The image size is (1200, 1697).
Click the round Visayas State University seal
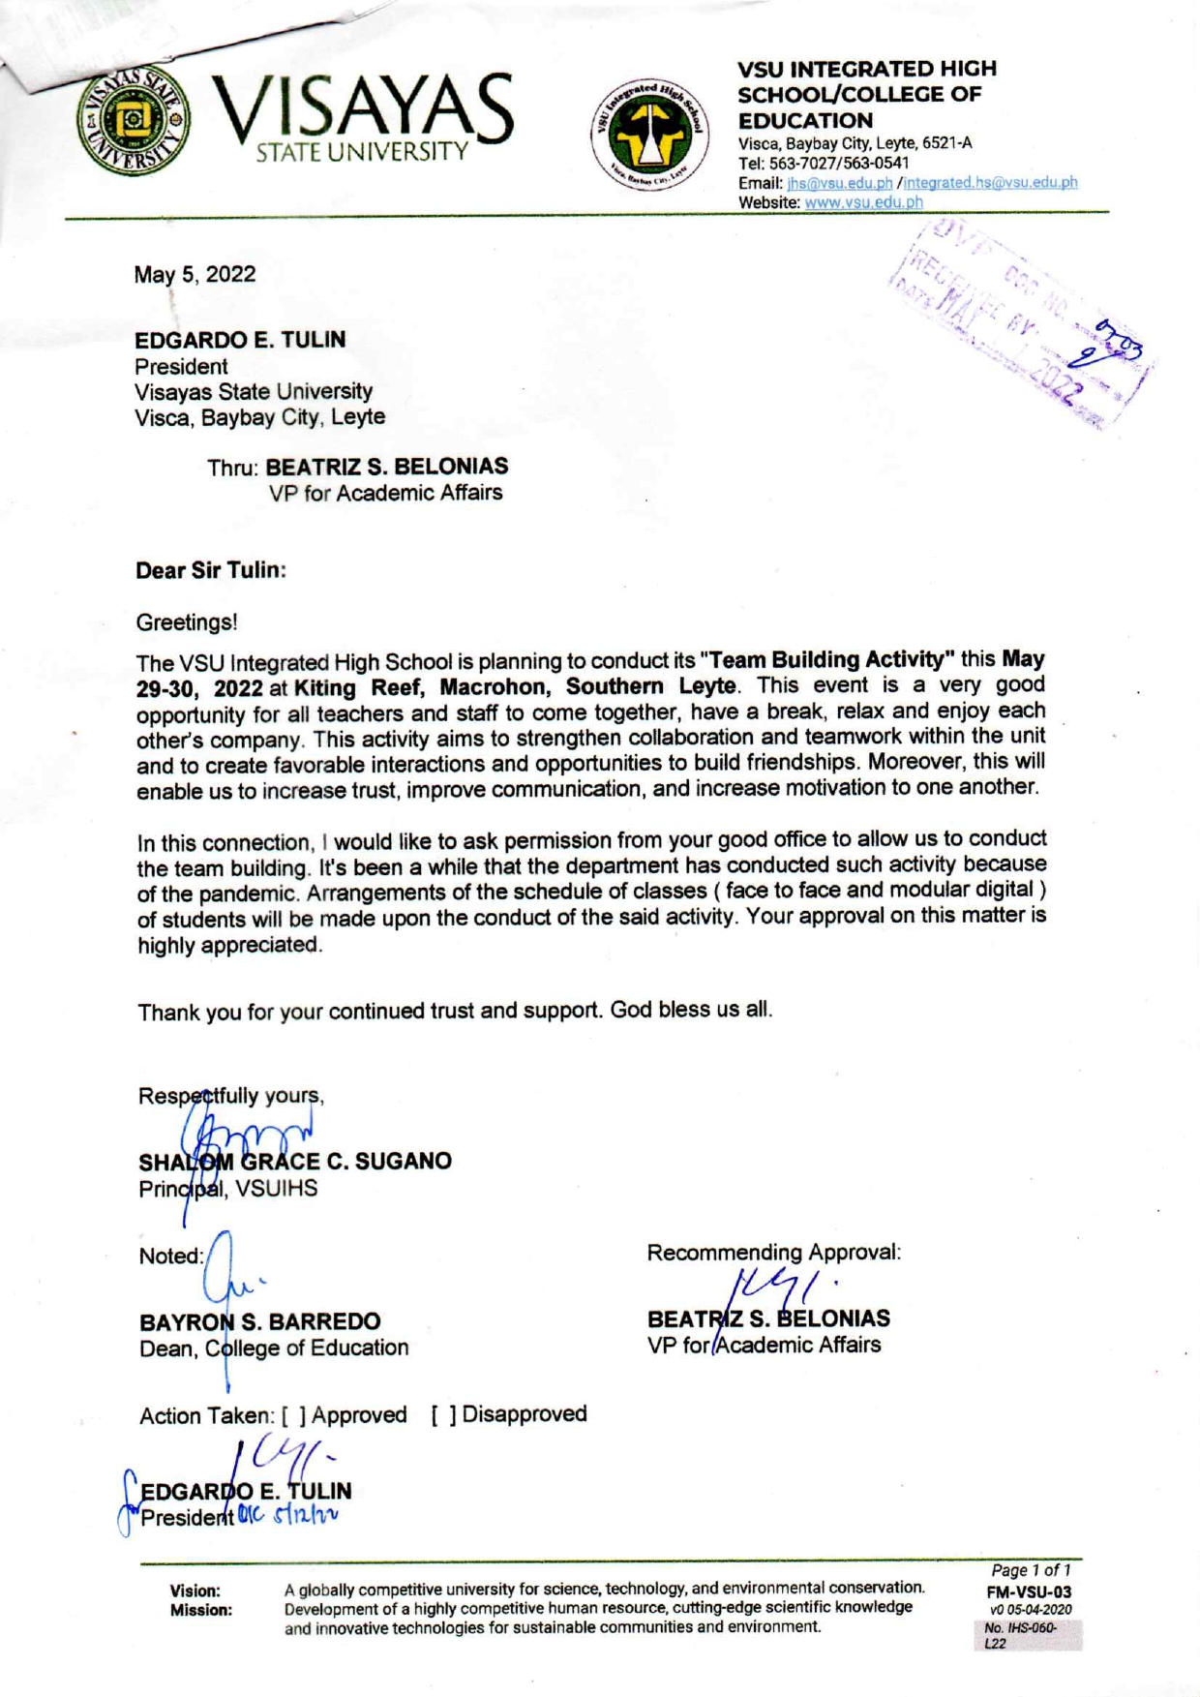134,119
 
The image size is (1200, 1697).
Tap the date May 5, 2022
195,275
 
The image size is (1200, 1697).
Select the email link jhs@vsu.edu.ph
839,183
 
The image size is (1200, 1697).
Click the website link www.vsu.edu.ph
863,202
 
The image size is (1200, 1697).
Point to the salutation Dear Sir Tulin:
211,570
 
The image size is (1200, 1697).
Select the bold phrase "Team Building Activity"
827,660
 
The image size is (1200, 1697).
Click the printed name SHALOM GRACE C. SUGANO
295,1162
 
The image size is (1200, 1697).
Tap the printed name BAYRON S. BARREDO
259,1322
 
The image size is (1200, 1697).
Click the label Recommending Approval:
773,1253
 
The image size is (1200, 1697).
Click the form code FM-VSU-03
1029,1591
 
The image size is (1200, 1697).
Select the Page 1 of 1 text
1031,1570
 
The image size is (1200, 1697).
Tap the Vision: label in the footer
195,1591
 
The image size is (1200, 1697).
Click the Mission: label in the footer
201,1610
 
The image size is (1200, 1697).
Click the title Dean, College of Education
274,1348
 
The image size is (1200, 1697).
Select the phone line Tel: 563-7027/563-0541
824,163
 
